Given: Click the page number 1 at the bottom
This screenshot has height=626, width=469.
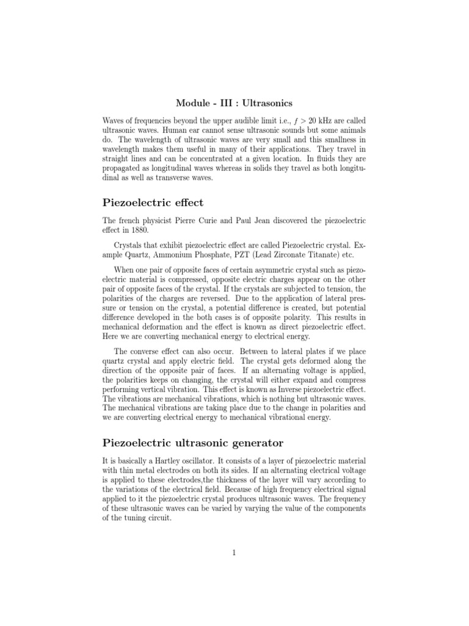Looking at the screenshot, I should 234,553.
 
